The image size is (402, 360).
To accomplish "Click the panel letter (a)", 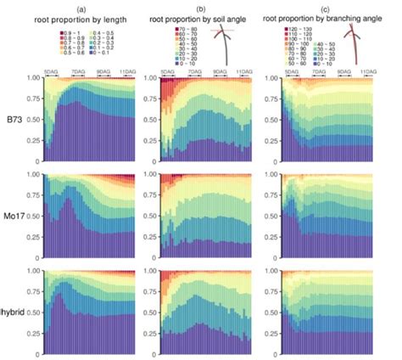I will [92, 6].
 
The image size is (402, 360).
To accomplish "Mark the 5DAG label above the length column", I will [52, 74].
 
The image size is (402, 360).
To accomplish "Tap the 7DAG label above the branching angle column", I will [317, 74].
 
